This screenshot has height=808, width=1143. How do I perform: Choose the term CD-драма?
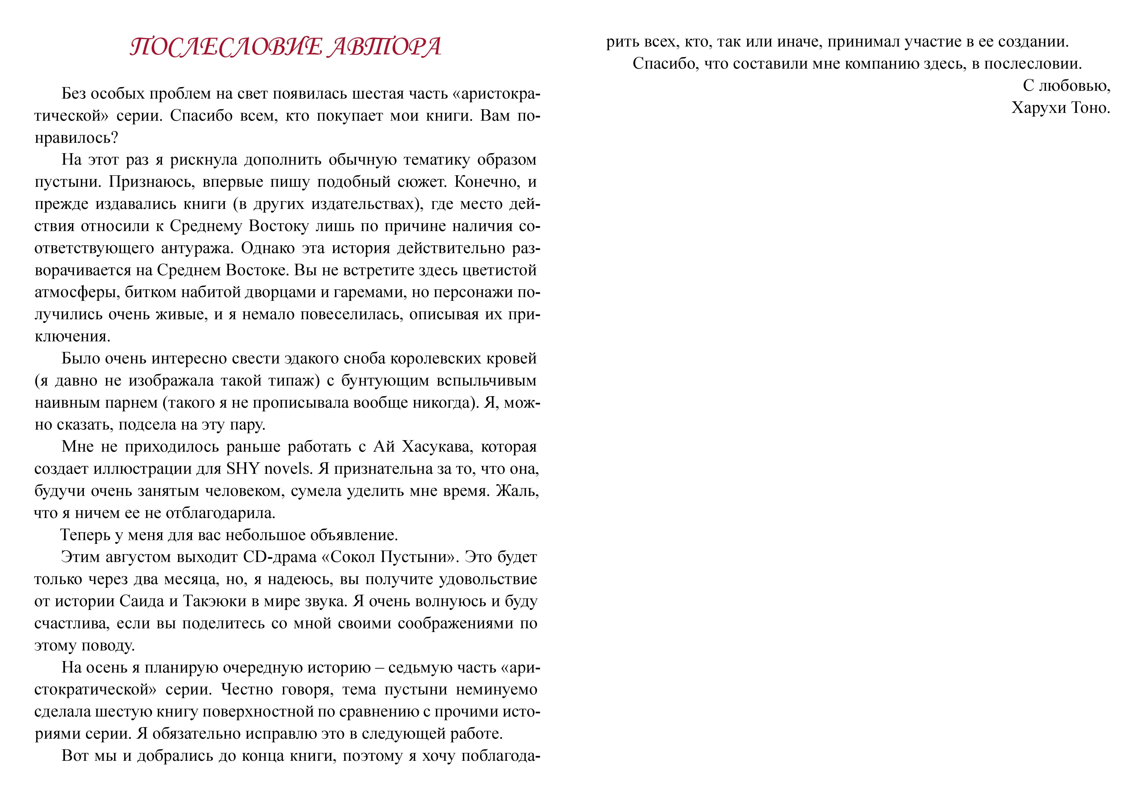point(280,557)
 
